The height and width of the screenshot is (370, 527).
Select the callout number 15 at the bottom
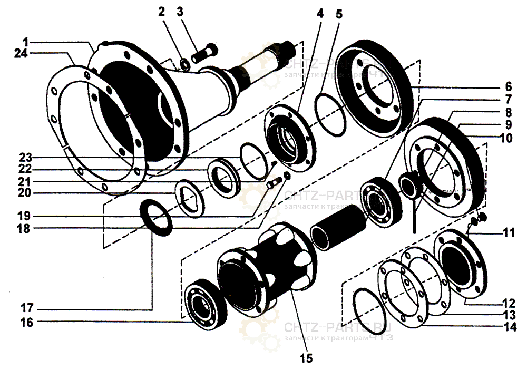305,358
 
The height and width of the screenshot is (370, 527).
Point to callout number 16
26,323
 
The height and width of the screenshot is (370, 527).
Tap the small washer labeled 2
185,64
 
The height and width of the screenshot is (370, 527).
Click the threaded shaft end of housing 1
289,48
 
